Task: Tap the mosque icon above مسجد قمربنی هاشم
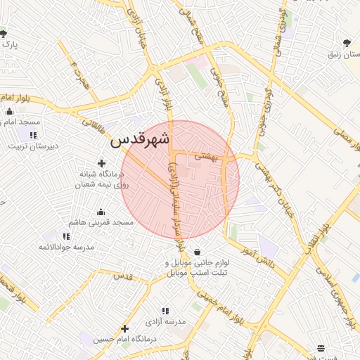point(101,212)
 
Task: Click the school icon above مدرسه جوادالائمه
point(65,236)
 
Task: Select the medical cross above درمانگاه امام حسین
point(124,328)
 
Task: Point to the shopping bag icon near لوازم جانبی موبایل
point(196,252)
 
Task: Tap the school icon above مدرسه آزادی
point(165,310)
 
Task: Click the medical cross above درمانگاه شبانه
point(101,163)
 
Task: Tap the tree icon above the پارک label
point(4,33)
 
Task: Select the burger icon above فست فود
point(321,347)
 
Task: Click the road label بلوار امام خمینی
point(215,306)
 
